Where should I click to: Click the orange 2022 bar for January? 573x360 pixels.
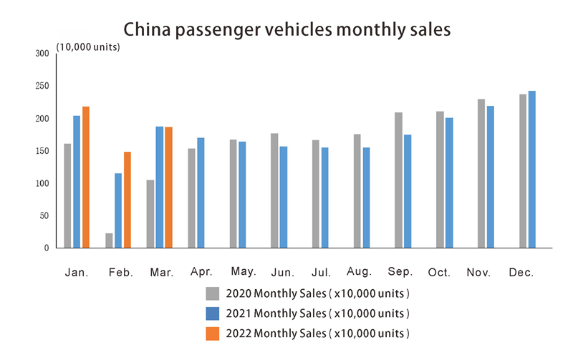pos(86,177)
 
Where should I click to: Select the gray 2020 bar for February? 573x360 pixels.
pos(109,240)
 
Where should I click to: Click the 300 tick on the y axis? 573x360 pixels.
pos(42,54)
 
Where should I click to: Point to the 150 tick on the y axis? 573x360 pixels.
pos(42,151)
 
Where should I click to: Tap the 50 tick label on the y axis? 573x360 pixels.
pos(44,216)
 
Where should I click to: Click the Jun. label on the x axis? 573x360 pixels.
pos(281,273)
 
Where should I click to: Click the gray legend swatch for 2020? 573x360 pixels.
pos(212,293)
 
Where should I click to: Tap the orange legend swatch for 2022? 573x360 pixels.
pos(212,333)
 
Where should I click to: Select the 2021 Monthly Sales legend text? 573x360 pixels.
pos(317,313)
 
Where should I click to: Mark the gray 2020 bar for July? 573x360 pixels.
pos(316,194)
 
